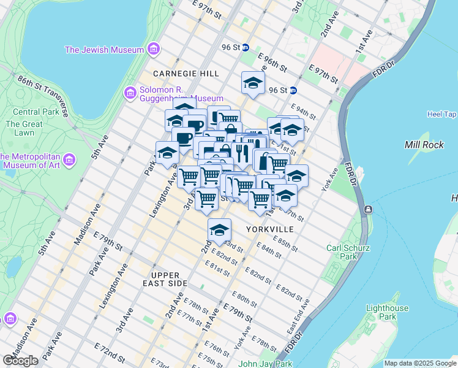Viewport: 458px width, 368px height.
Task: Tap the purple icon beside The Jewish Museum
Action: (x=153, y=48)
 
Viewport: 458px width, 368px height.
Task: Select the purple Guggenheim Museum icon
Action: (x=129, y=93)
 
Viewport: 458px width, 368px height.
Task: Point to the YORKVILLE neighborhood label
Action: (x=270, y=229)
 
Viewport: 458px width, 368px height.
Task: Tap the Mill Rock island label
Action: (x=420, y=145)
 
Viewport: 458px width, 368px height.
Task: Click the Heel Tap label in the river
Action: (x=441, y=114)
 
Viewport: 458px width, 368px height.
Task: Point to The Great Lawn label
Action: (x=24, y=128)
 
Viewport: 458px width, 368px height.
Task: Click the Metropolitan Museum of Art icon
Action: (x=70, y=161)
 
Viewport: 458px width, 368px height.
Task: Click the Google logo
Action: (x=21, y=361)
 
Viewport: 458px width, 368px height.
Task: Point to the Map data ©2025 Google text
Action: (x=420, y=363)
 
